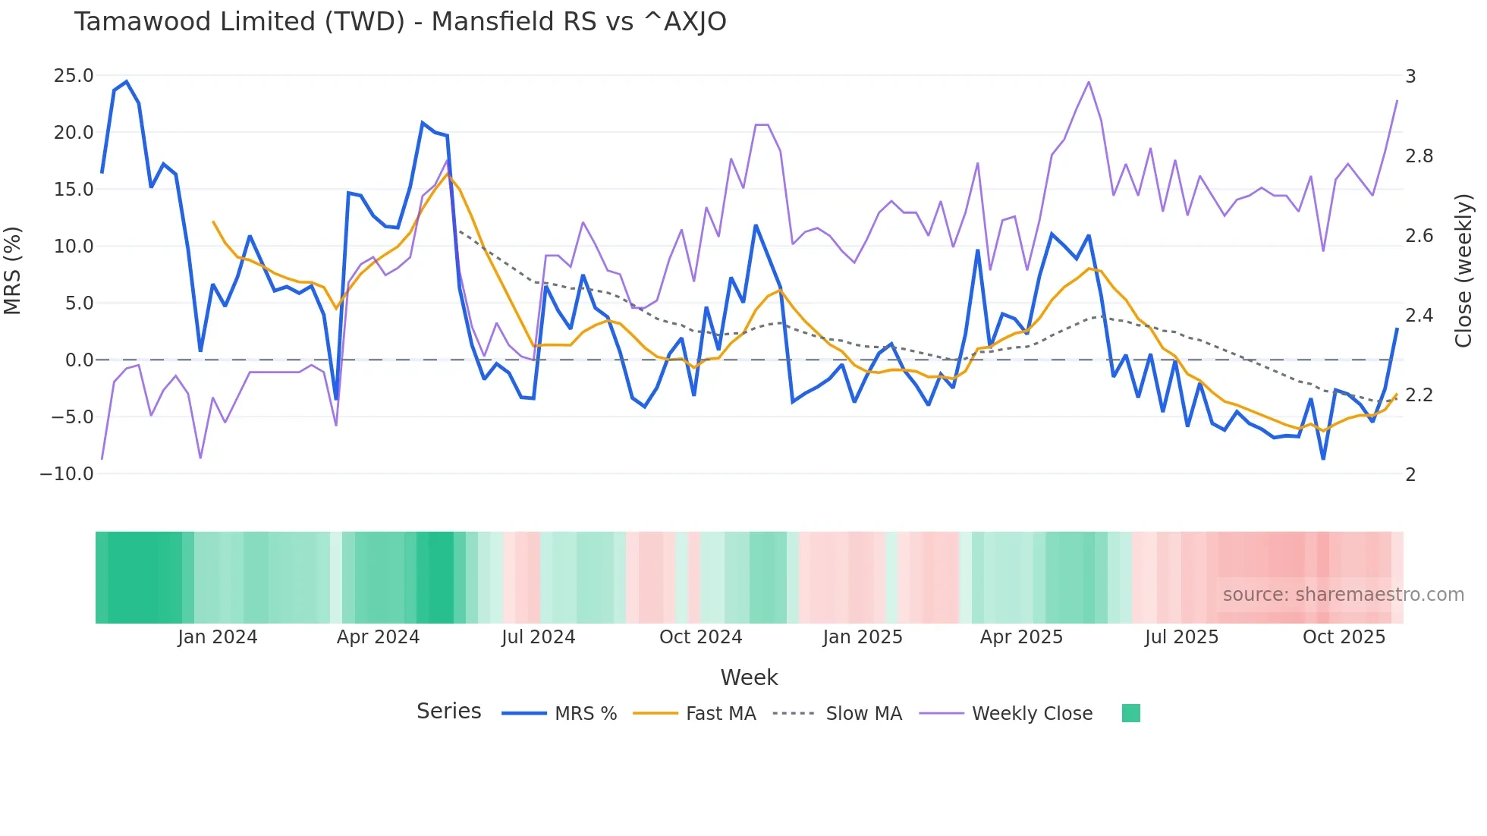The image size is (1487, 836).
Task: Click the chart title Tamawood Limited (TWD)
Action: [400, 22]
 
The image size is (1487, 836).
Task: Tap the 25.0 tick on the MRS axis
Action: [74, 76]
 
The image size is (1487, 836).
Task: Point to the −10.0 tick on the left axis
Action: [67, 474]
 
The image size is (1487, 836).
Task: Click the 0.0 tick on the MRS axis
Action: [79, 360]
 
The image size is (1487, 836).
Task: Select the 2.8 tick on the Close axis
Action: [1419, 156]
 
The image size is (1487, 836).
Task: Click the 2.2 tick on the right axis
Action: [1419, 395]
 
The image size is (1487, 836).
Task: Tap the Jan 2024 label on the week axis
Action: [218, 637]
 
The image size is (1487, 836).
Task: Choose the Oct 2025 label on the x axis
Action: [1344, 637]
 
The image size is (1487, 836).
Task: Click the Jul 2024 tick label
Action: [538, 637]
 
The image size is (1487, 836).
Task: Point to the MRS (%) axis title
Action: [13, 271]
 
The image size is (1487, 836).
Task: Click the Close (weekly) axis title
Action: [1463, 271]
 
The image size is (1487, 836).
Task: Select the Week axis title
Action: [749, 677]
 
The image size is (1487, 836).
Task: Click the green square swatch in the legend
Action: [1130, 713]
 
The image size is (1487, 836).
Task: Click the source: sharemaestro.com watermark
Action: [1343, 595]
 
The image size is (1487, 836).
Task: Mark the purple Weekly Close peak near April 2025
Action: [1089, 82]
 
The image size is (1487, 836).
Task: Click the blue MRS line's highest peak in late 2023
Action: [127, 82]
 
